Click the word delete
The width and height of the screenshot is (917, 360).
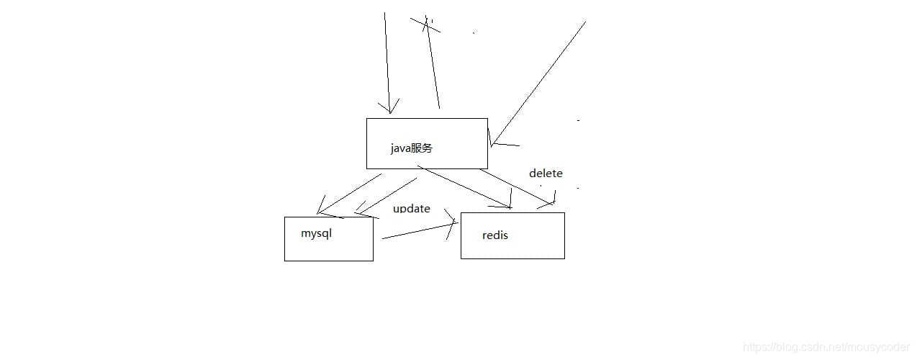pyautogui.click(x=546, y=174)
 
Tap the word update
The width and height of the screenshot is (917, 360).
pyautogui.click(x=412, y=209)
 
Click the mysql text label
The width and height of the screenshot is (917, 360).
pyautogui.click(x=317, y=234)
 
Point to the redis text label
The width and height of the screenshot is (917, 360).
pyautogui.click(x=495, y=235)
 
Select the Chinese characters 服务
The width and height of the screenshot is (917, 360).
pyautogui.click(x=422, y=148)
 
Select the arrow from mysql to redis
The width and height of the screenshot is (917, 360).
pyautogui.click(x=417, y=230)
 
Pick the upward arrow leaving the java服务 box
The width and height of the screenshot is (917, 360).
pyautogui.click(x=433, y=65)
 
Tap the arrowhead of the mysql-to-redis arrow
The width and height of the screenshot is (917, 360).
pyautogui.click(x=453, y=223)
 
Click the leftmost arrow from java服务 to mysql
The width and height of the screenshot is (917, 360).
pyautogui.click(x=349, y=194)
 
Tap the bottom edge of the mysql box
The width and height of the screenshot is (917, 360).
pyautogui.click(x=329, y=261)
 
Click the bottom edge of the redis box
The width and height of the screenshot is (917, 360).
pyautogui.click(x=512, y=258)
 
